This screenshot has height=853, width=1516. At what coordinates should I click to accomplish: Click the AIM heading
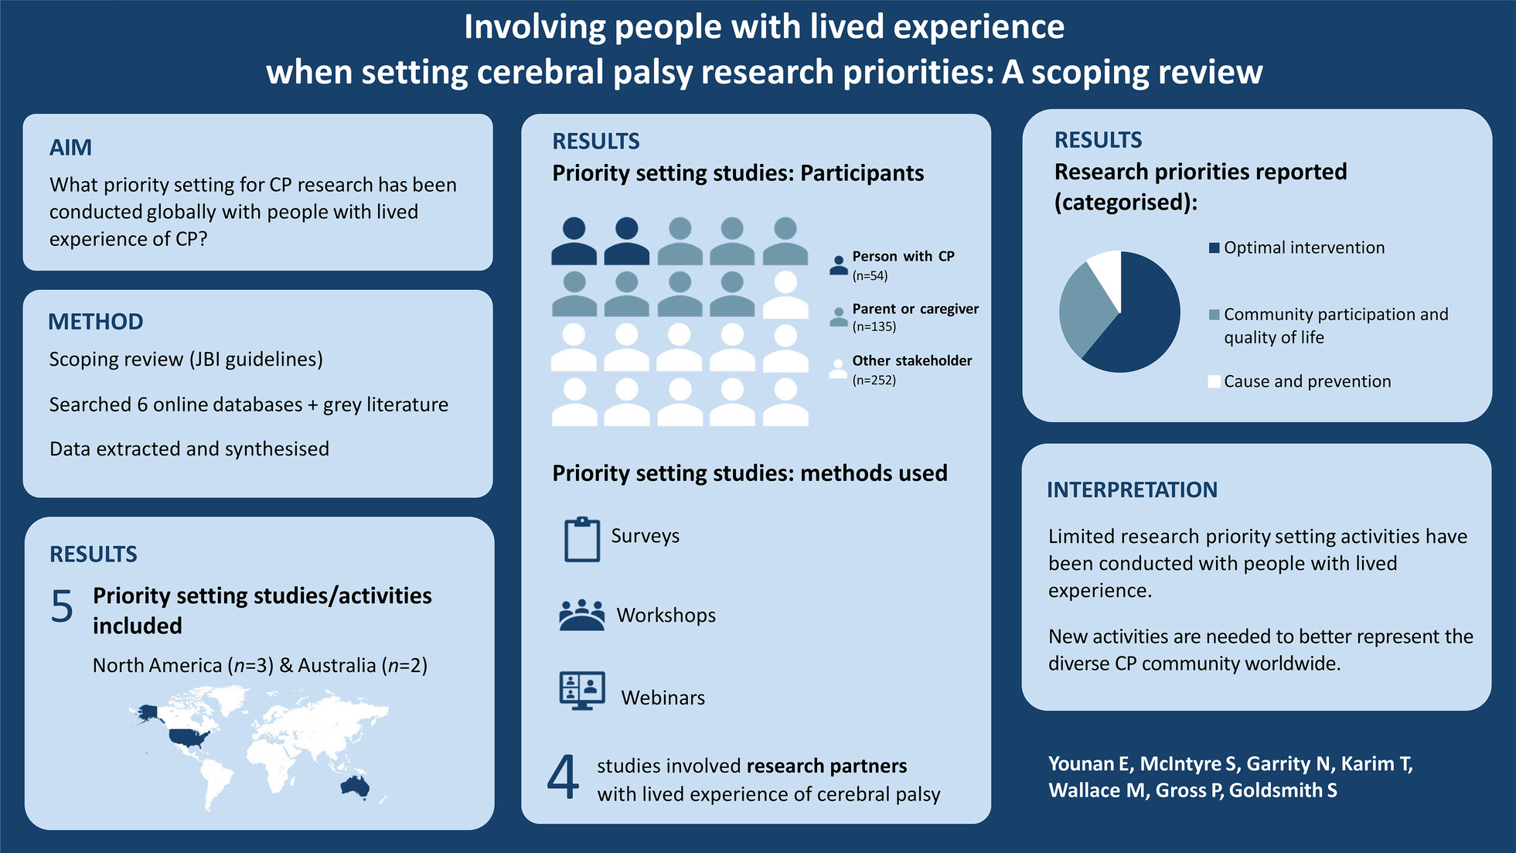point(70,147)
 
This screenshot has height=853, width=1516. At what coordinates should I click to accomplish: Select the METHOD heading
point(96,322)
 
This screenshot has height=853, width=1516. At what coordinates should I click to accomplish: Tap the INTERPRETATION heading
point(1132,490)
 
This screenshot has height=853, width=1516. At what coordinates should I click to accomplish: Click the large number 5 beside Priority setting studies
point(62,606)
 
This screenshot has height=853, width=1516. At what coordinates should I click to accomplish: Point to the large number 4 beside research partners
point(563,776)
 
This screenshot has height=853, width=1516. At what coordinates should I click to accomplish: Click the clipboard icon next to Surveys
point(582,539)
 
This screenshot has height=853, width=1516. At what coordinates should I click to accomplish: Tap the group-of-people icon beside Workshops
point(582,615)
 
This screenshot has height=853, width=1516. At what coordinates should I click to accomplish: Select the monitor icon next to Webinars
point(582,691)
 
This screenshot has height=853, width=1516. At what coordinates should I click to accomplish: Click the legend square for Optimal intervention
point(1215,247)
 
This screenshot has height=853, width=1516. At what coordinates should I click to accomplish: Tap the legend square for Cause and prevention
point(1215,381)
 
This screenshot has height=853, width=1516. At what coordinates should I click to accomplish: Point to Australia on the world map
point(356,786)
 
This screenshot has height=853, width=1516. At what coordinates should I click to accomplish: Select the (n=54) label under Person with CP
point(870,276)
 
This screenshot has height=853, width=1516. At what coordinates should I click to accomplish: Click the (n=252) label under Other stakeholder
point(874,380)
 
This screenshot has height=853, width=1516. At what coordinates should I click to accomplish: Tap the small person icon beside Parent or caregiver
point(839,316)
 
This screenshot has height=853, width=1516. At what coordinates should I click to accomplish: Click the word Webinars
point(663,698)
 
